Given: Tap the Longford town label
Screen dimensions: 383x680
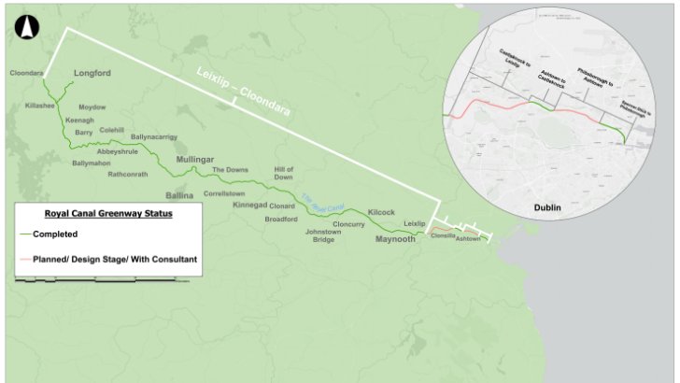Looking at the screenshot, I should coord(92,73).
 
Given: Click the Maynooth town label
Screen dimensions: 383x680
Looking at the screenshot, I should coord(394,239).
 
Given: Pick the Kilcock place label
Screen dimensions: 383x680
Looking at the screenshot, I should coord(384,213).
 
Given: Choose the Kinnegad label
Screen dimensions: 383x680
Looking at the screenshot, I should coord(249,205).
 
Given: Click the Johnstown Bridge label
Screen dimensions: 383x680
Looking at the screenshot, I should coord(337,234).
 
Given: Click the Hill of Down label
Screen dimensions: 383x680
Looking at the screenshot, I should coord(284,172).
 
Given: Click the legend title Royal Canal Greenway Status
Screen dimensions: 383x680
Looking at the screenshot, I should coord(108,214).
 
